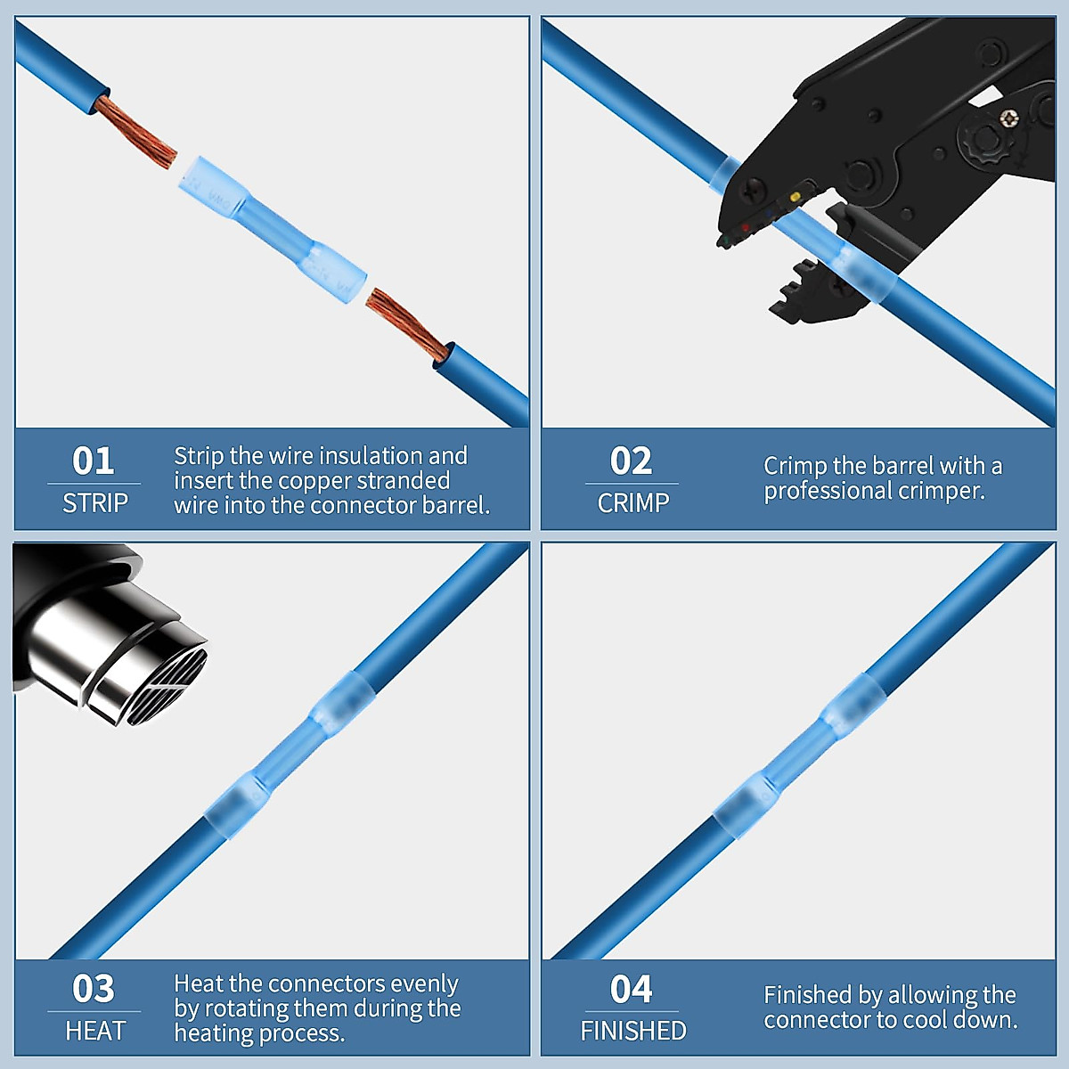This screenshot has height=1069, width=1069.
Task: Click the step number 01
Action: point(94,461)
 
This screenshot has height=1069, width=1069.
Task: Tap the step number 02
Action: point(631,461)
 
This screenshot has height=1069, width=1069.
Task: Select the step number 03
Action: point(94,989)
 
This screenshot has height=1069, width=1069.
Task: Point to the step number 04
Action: point(631,989)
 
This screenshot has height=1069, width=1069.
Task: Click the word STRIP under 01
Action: point(94,503)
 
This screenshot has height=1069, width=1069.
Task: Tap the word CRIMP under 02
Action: point(632,503)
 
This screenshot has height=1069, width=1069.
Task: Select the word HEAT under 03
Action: point(94,1032)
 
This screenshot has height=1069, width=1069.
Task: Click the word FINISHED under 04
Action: point(632,1032)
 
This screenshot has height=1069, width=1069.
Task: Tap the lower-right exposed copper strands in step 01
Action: point(406,324)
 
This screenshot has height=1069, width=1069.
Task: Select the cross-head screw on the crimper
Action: point(1008,117)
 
